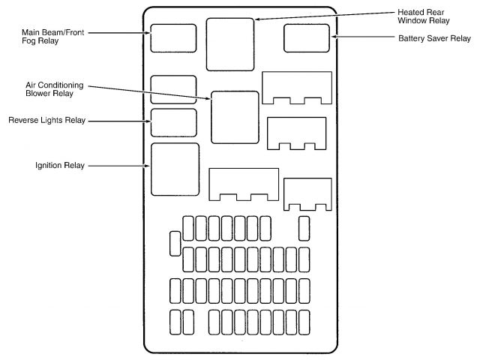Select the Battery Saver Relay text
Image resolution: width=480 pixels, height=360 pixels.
click(434, 37)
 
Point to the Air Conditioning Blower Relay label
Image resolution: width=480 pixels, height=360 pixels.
click(54, 89)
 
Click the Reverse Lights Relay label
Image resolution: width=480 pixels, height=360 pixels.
click(46, 120)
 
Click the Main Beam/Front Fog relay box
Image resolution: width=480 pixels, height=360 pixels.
click(173, 37)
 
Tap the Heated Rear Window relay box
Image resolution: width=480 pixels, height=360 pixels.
click(231, 43)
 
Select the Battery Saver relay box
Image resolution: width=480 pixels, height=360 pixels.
click(307, 37)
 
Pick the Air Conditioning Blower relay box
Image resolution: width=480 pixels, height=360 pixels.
click(235, 117)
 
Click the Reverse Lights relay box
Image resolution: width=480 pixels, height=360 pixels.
click(173, 122)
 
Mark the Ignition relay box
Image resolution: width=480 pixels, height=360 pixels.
click(175, 169)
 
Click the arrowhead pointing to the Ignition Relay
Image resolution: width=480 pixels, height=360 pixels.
click(148, 165)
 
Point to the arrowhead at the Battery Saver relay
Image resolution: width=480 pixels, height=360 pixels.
click(334, 37)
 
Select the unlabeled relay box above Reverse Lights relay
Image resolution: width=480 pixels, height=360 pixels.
click(173, 88)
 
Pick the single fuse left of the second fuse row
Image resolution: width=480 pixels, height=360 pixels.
click(175, 243)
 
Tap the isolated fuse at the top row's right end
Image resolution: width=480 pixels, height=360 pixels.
click(304, 226)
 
